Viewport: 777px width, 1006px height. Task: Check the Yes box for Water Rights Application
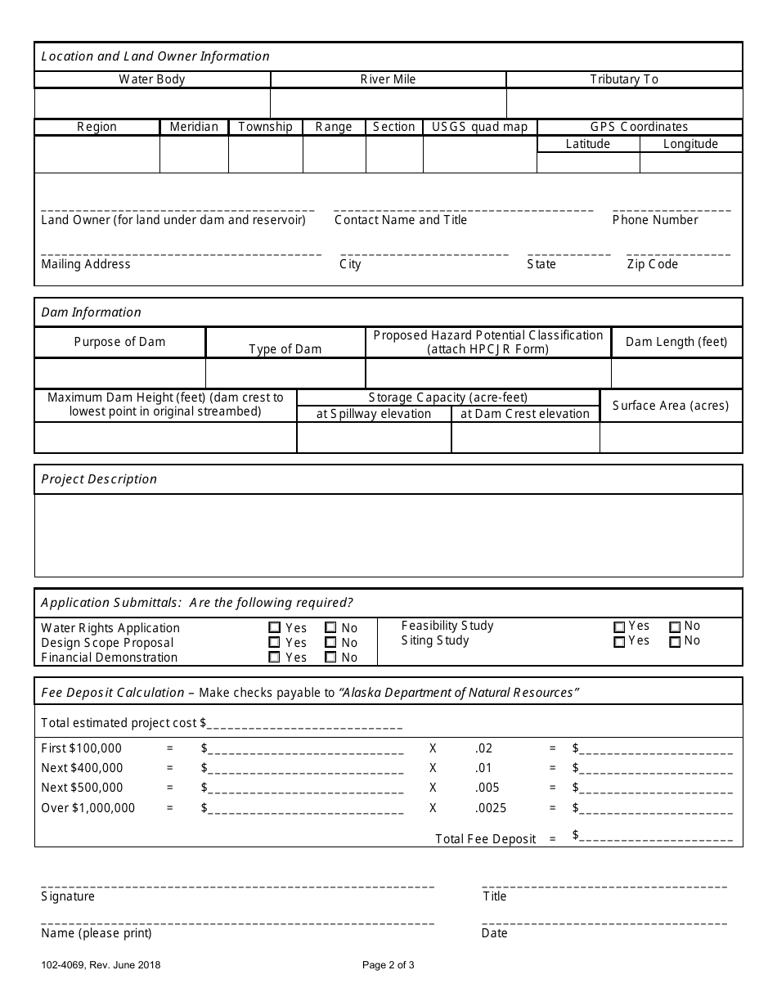coord(274,628)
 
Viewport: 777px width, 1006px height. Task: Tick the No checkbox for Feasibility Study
coord(676,627)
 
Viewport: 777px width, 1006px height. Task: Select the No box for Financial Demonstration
coord(330,657)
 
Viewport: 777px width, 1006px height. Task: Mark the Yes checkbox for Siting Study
coord(619,642)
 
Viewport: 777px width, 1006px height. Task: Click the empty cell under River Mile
coord(388,104)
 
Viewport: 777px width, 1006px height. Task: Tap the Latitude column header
coord(588,144)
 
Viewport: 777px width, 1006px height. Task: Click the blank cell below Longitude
coord(690,162)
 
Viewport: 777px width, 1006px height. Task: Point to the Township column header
coord(265,127)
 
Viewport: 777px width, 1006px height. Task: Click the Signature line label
coord(68,896)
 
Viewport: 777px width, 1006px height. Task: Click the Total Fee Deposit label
coord(486,838)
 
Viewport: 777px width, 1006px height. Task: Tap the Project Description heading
coord(99,479)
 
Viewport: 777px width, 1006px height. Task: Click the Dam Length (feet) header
coord(676,342)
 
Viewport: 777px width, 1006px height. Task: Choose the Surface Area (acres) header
coord(671,406)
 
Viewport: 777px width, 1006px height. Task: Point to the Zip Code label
coord(652,264)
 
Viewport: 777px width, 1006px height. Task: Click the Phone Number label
coord(655,220)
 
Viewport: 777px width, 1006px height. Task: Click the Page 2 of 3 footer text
coord(388,965)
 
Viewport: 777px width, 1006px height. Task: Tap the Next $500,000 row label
coord(82,788)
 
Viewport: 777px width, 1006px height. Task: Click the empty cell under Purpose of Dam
coord(119,373)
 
